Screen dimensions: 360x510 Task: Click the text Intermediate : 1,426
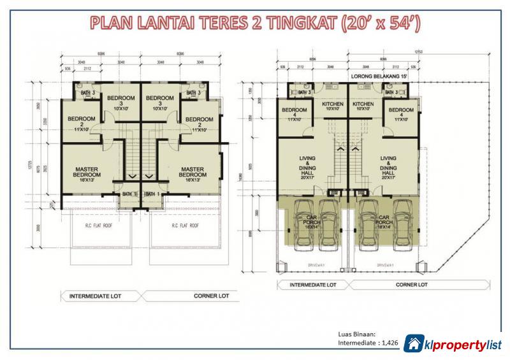[368, 343]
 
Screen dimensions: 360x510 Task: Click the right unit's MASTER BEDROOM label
[191, 172]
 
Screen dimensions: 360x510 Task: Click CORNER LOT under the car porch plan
[411, 285]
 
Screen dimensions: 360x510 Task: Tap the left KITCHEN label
[332, 105]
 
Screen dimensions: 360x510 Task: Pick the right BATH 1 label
[154, 193]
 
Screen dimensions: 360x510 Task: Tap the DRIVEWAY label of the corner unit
[386, 263]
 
